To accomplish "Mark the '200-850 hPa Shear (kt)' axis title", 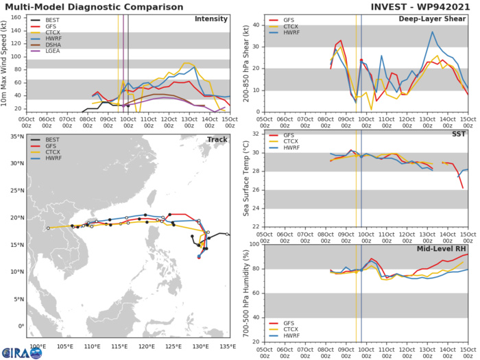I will click(245, 62).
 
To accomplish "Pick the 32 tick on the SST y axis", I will click(256, 134).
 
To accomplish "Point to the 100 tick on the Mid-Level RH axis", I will click(255, 244).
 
